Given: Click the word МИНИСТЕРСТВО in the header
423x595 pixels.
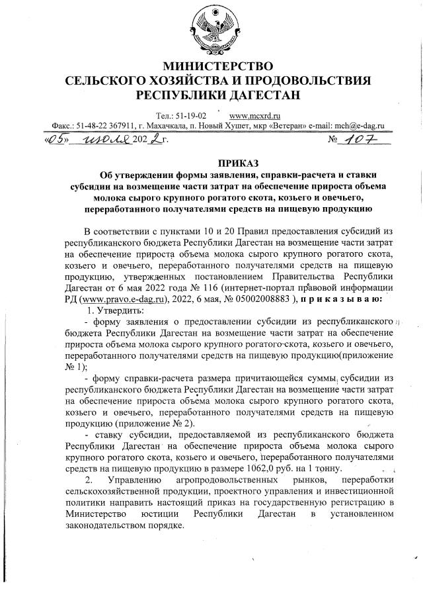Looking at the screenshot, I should coord(217,66).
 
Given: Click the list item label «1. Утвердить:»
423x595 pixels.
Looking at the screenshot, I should coord(116,310).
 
